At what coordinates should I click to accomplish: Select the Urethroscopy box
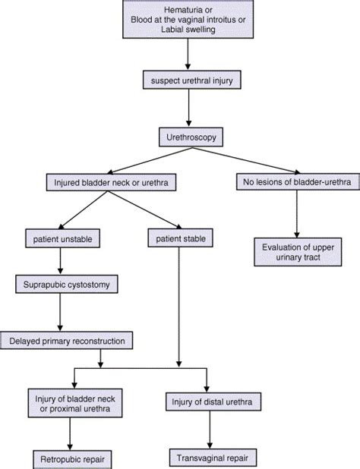click(183, 139)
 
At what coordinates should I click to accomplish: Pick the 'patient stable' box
click(178, 241)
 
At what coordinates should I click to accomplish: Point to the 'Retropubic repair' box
click(70, 458)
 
